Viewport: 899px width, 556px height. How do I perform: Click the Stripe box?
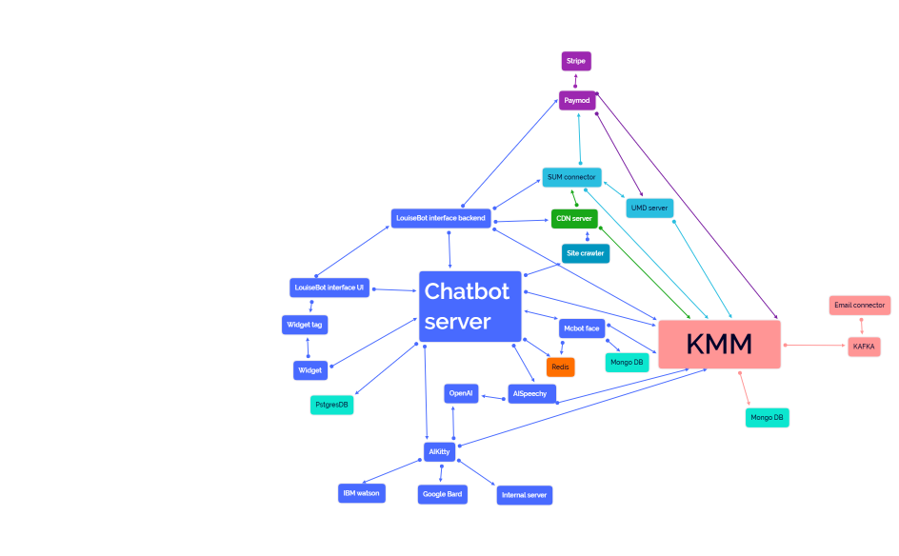coord(576,61)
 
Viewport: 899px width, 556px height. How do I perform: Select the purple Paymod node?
coord(577,100)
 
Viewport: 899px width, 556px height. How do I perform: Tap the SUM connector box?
coord(571,177)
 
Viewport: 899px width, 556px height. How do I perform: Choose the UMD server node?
coord(649,207)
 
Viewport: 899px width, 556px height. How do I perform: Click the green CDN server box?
coord(574,218)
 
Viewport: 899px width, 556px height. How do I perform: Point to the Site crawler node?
coord(585,253)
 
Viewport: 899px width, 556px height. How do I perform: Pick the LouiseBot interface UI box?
coord(330,288)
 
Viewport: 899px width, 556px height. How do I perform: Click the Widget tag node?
coord(305,325)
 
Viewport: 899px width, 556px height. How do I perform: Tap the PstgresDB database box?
coord(332,405)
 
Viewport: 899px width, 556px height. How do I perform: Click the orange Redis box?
coord(561,367)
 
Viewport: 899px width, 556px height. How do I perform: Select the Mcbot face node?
coord(581,328)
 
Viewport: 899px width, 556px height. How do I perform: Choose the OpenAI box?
coord(461,393)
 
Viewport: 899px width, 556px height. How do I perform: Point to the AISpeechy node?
coord(530,393)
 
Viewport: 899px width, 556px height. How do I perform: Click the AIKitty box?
coord(439,451)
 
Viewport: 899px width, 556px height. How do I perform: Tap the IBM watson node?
coord(362,493)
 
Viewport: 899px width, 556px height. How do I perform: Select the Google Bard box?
coord(443,494)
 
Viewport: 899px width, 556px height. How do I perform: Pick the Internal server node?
coord(524,495)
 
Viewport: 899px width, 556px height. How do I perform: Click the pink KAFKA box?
coord(864,347)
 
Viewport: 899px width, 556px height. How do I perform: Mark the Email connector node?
coord(859,306)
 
